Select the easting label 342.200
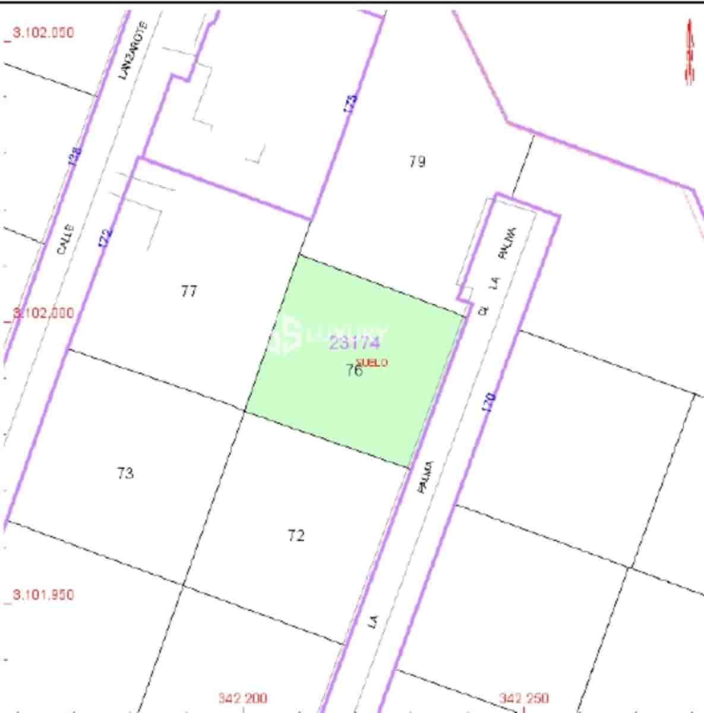click(242, 698)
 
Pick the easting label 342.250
click(523, 698)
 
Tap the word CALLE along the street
click(65, 239)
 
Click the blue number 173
click(351, 105)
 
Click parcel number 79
click(418, 161)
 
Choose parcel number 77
click(189, 291)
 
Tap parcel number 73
click(125, 474)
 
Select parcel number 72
click(296, 536)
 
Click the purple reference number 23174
click(354, 343)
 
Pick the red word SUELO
click(372, 362)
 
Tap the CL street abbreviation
click(483, 310)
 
